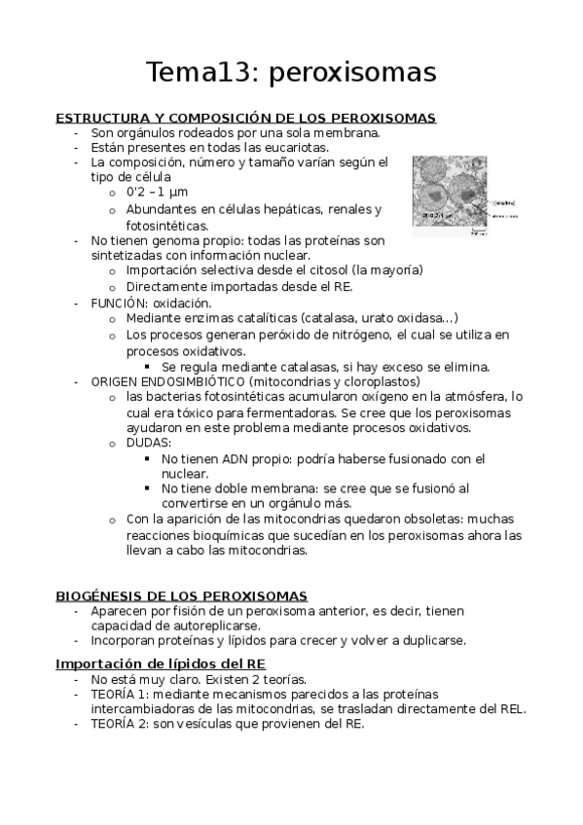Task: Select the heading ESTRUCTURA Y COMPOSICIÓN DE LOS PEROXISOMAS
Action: (x=245, y=118)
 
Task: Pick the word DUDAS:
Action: (x=149, y=443)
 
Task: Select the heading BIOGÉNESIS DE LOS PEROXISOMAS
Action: (x=182, y=595)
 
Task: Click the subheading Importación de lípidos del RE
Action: (x=167, y=663)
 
